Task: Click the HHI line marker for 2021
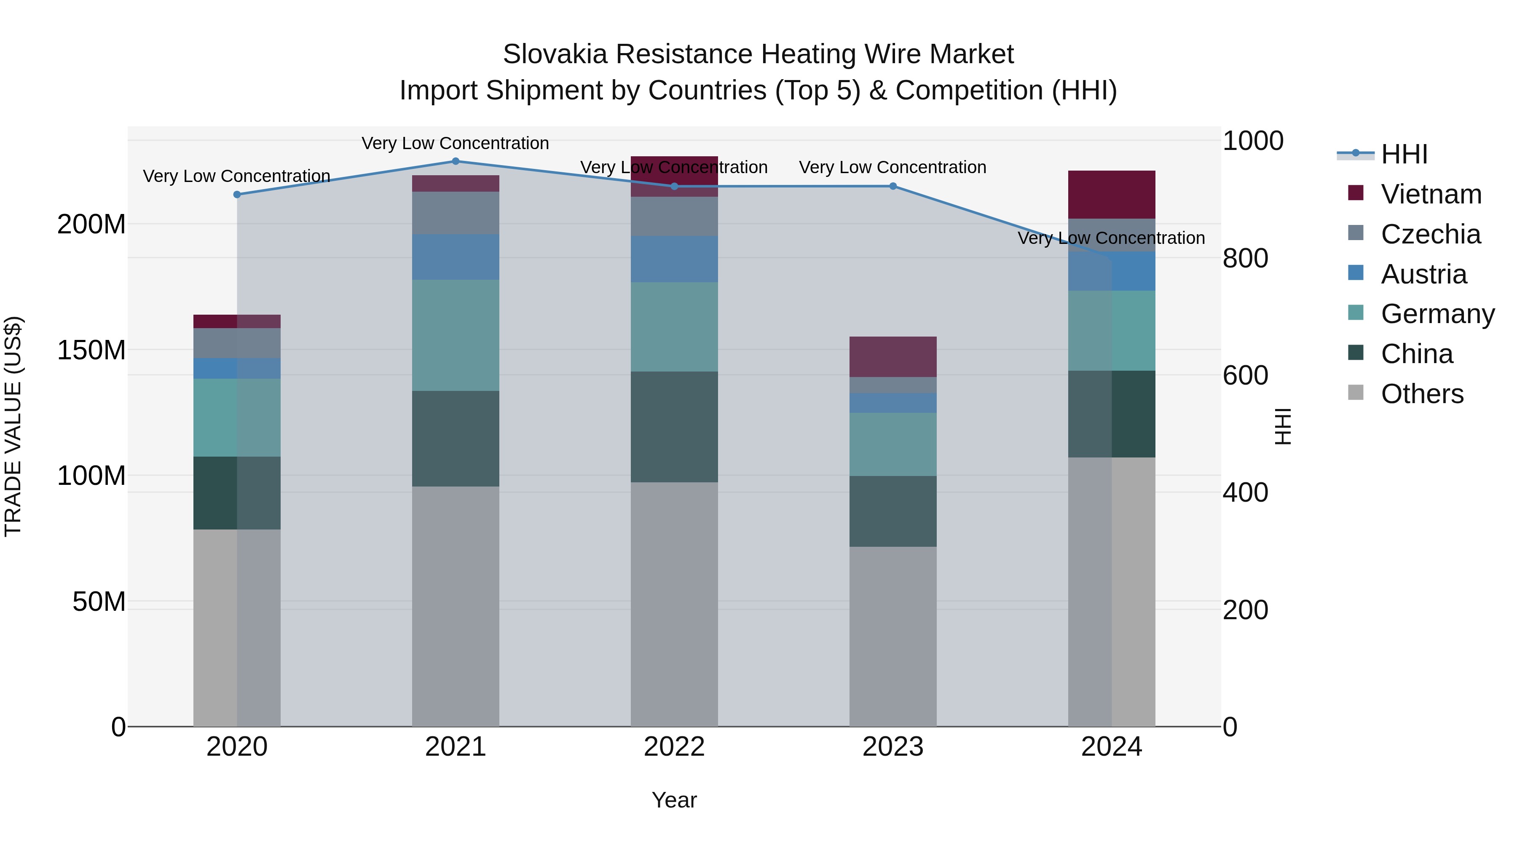pyautogui.click(x=455, y=161)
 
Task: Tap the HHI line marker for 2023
pyautogui.click(x=893, y=186)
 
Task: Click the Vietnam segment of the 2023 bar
pyautogui.click(x=893, y=357)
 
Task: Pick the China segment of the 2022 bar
pyautogui.click(x=674, y=427)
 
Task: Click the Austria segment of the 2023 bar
pyautogui.click(x=893, y=403)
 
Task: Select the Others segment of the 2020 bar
pyautogui.click(x=237, y=628)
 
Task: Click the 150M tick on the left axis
pyautogui.click(x=91, y=350)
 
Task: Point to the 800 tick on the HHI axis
pyautogui.click(x=1245, y=259)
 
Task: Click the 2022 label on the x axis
pyautogui.click(x=674, y=747)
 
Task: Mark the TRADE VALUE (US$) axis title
pyautogui.click(x=13, y=426)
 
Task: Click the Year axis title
pyautogui.click(x=674, y=800)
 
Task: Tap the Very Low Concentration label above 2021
pyautogui.click(x=455, y=143)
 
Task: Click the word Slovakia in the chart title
pyautogui.click(x=555, y=54)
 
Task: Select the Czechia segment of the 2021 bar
pyautogui.click(x=455, y=213)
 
